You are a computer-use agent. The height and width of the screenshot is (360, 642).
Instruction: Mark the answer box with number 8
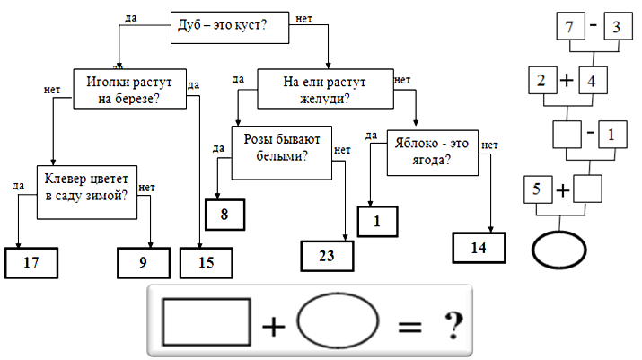pos(224,215)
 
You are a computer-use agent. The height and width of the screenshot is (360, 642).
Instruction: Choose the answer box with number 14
pos(478,248)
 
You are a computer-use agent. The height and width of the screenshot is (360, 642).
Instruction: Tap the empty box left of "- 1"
pos(568,136)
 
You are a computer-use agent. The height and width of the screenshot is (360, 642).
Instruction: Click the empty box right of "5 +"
pos(588,189)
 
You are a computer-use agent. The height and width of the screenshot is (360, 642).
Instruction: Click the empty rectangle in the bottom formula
pos(206,320)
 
